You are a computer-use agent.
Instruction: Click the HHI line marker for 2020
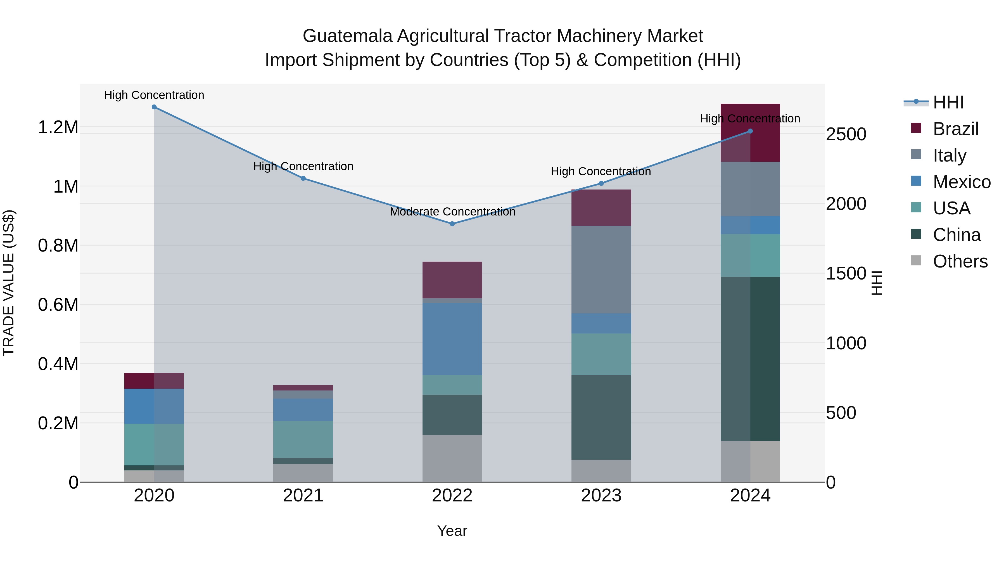154,107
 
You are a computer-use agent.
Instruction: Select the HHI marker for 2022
452,224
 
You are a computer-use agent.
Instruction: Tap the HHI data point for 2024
750,131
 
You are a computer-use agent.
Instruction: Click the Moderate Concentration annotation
452,212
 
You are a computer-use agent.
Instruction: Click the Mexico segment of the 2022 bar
452,339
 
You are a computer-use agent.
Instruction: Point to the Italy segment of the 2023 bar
601,269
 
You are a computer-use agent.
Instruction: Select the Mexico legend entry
962,182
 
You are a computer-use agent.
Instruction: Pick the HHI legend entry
948,102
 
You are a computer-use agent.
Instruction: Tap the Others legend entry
960,261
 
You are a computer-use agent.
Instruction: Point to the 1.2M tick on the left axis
58,128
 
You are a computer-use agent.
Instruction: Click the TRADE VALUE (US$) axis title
9,283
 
